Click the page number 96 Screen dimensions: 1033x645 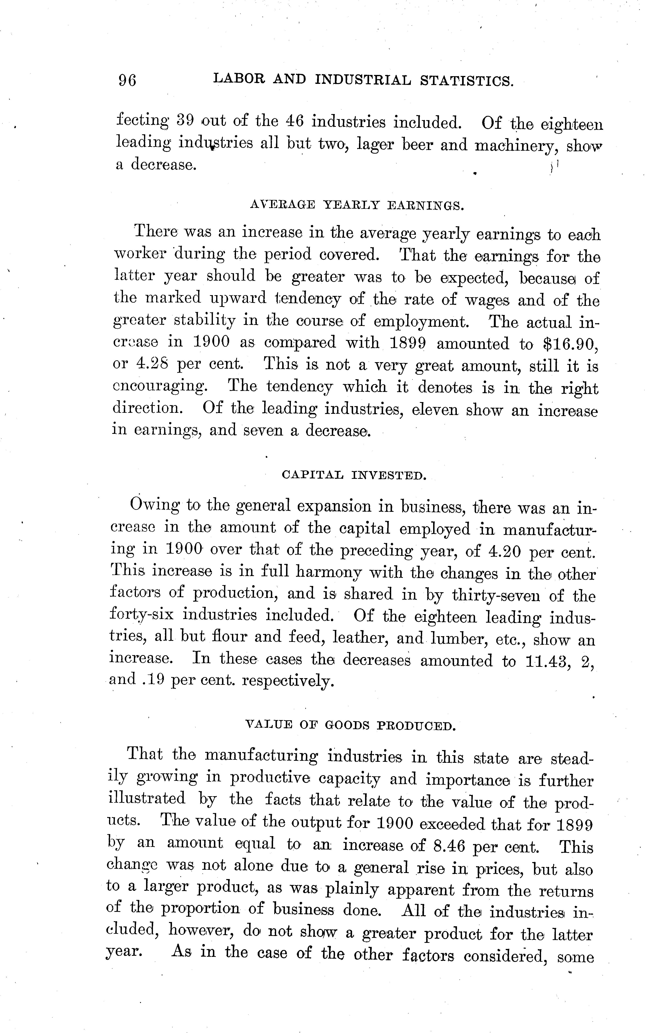128,80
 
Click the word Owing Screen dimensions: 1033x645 154,505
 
